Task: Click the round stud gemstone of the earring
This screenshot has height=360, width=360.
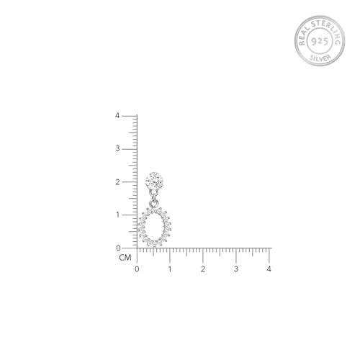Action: tap(154, 181)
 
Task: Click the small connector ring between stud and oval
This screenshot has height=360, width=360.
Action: tap(154, 204)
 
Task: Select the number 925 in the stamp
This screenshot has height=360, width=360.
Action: tap(320, 41)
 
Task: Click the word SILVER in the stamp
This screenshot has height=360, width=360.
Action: tap(320, 58)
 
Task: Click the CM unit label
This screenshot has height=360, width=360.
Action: tap(125, 258)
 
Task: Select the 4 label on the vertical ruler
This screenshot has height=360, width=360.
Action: tap(117, 116)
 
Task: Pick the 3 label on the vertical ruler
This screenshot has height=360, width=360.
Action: tap(117, 148)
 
